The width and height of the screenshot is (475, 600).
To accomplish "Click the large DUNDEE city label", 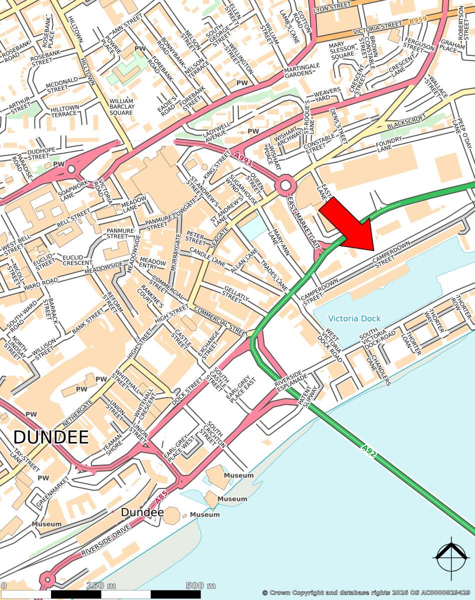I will pos(51,437).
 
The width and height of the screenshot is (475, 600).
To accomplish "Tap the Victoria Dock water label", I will pos(354,318).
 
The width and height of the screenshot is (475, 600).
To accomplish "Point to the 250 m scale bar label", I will pos(101,585).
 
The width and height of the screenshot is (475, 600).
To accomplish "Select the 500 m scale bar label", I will pos(200,585).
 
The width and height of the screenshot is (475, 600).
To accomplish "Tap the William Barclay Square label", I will pos(121,106).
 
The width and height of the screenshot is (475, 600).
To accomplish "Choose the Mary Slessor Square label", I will pos(342,50).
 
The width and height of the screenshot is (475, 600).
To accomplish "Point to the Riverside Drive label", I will pos(105,540).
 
